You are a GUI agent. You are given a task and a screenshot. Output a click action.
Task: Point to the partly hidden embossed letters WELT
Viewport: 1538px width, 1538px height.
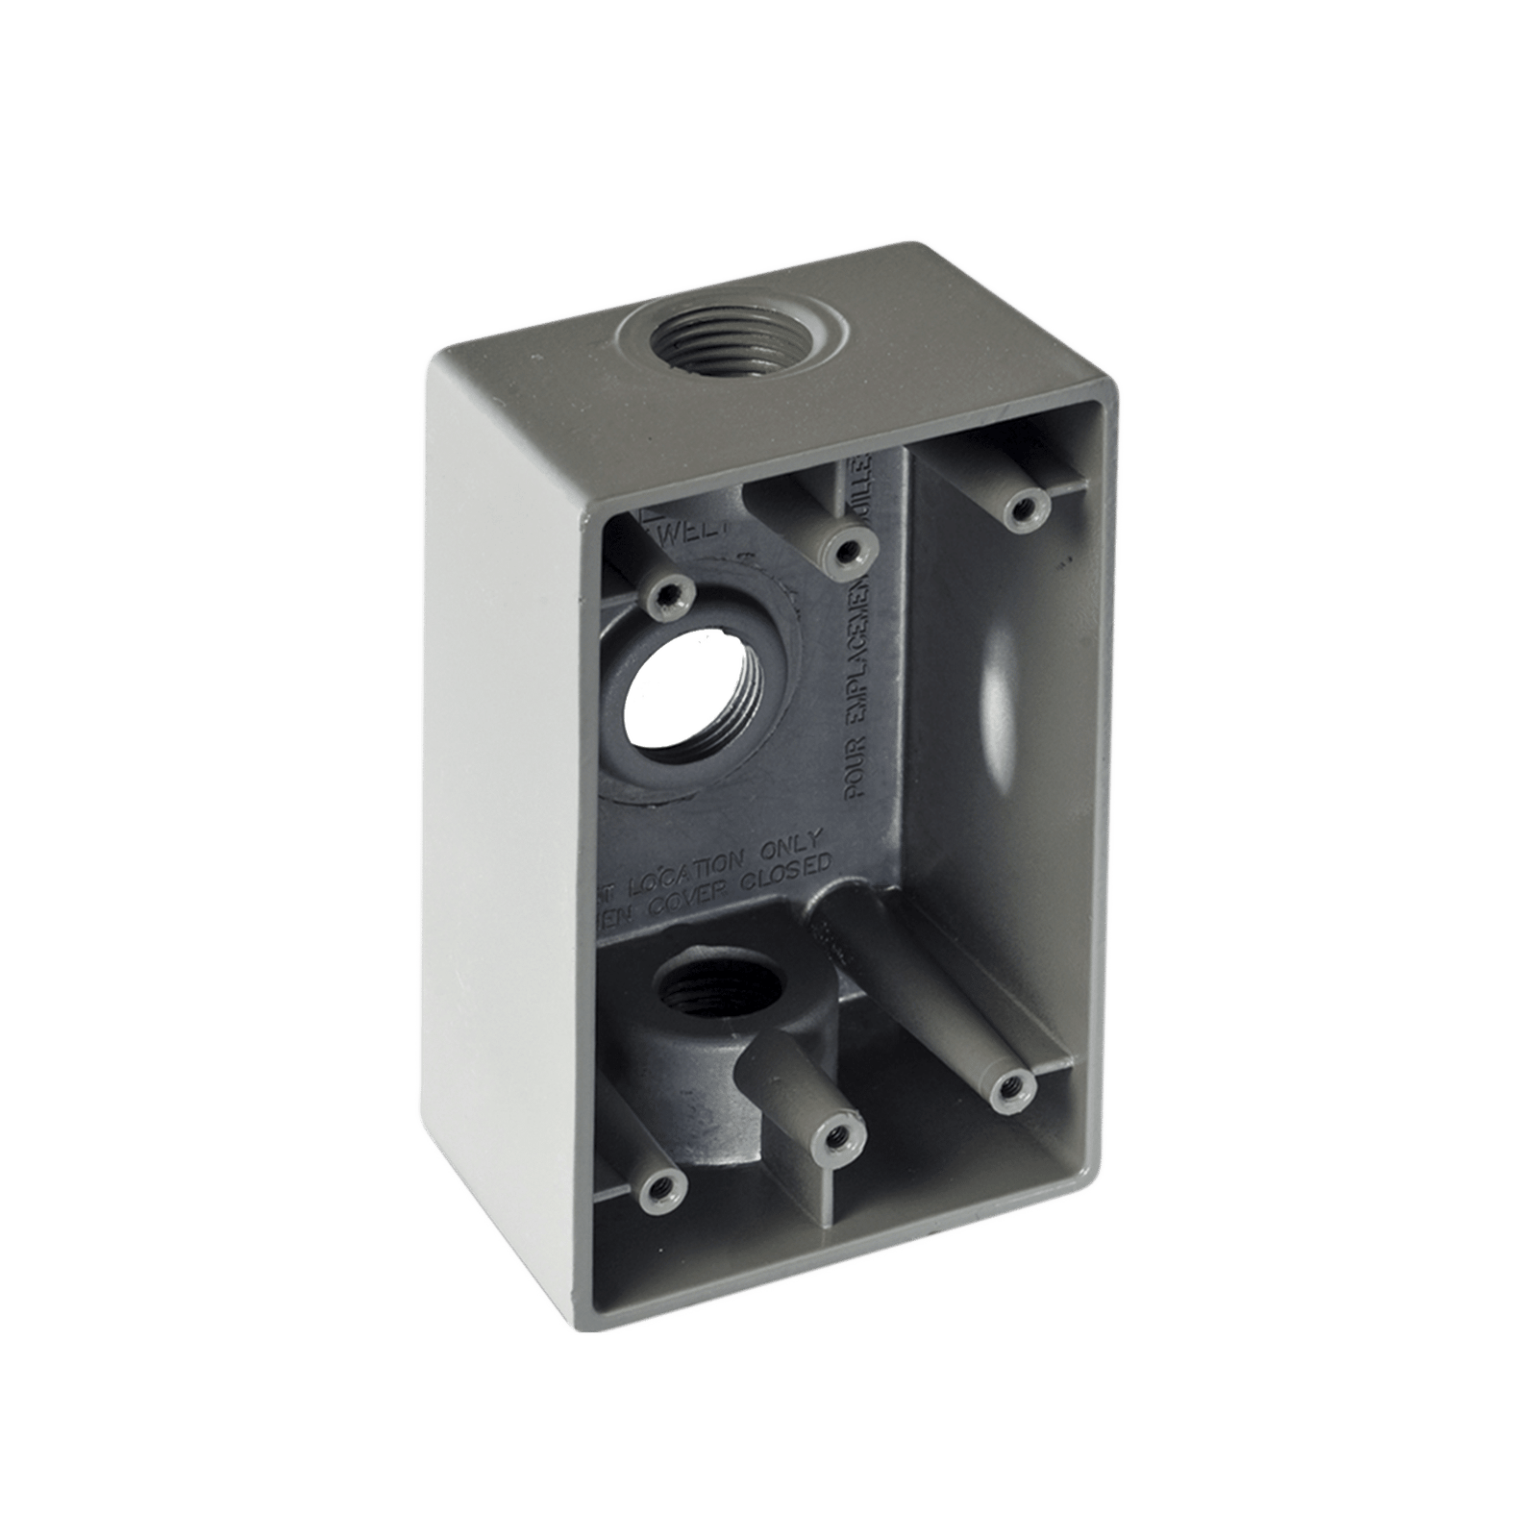(x=682, y=528)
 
